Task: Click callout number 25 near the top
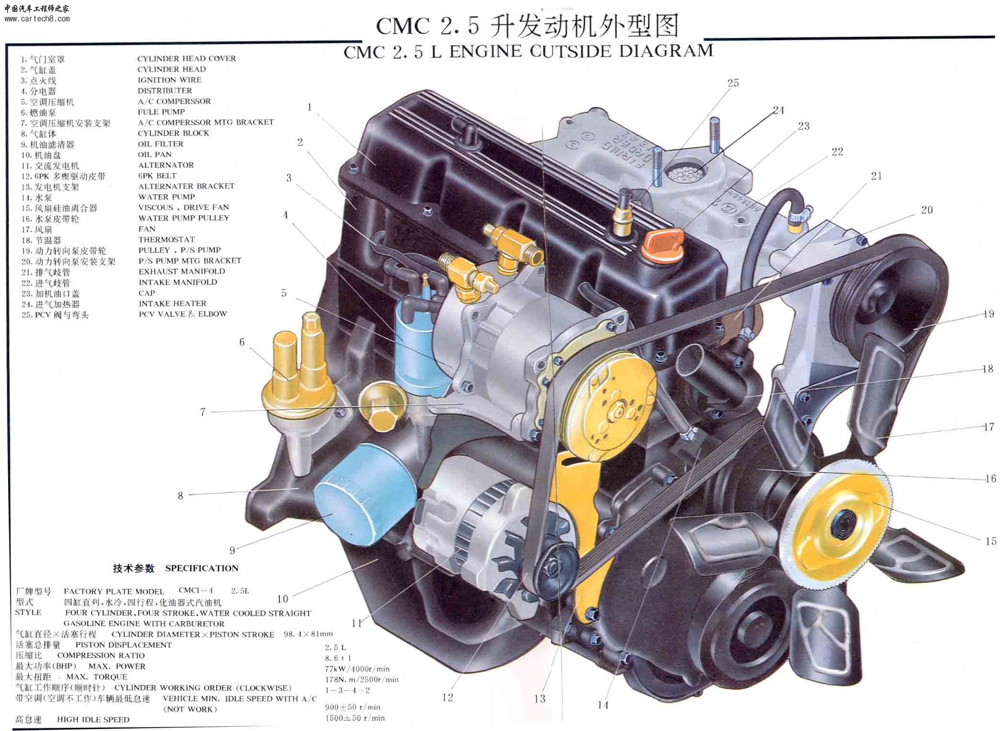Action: point(733,83)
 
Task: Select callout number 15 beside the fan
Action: point(991,541)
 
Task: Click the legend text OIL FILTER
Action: point(160,144)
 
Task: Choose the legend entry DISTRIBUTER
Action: point(165,91)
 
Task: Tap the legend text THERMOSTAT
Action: point(167,239)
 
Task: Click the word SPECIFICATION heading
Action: point(202,569)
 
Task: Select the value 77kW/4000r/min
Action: point(357,669)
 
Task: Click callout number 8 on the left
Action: point(180,496)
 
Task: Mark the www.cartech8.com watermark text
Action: point(37,19)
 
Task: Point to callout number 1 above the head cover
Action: point(309,107)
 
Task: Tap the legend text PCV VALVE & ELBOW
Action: point(183,314)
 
